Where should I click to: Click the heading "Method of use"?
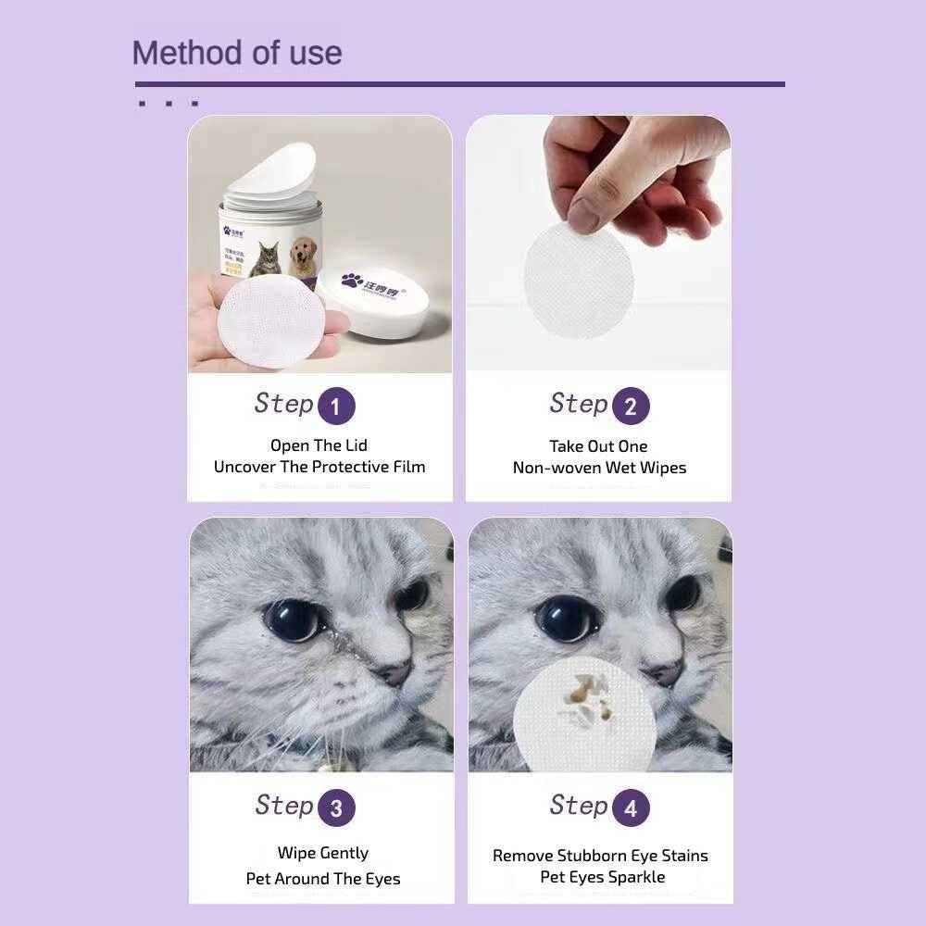point(237,53)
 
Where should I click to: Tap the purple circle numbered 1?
point(335,406)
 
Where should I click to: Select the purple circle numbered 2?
point(631,406)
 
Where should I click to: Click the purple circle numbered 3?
point(335,807)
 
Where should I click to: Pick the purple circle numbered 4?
point(631,807)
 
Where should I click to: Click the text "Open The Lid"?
point(319,445)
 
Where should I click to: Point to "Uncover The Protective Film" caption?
point(319,467)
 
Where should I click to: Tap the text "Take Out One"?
point(598,446)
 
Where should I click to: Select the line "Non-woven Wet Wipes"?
point(599,468)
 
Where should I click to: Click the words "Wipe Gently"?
point(322,853)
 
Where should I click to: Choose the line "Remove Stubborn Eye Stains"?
point(600,856)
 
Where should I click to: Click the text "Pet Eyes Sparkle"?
point(603,877)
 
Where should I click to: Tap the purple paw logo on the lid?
point(352,279)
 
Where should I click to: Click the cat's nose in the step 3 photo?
point(397,669)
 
